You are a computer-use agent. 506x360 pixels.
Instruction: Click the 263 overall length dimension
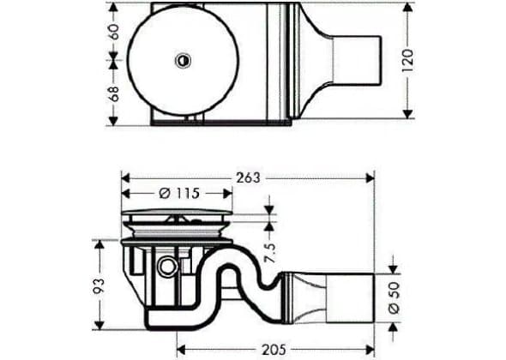(248, 177)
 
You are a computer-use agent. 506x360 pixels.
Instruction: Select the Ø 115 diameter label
(180, 194)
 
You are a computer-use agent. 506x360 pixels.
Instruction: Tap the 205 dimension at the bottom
(274, 350)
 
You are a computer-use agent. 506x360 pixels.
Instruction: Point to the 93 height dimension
(99, 285)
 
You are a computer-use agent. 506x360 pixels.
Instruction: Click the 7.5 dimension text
(270, 253)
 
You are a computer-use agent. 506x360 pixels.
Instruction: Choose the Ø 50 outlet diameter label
(394, 297)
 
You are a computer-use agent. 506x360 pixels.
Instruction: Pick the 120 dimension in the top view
(408, 60)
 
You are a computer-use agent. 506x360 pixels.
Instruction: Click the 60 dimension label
(114, 32)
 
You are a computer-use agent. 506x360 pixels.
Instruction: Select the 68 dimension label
(114, 94)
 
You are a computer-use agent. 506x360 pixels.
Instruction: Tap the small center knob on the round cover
(184, 60)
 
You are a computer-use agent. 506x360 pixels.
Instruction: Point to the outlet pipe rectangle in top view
(357, 60)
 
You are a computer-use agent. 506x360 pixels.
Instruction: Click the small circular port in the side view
(167, 267)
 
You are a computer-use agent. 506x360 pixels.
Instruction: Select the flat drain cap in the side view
(178, 212)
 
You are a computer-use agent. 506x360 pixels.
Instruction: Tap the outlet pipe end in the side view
(350, 297)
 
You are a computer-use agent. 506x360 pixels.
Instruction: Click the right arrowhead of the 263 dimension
(370, 177)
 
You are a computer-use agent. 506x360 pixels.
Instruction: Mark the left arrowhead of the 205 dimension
(181, 350)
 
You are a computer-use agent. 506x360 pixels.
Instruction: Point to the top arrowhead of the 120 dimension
(408, 8)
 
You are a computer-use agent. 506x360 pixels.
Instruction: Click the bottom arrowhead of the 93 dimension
(99, 325)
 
